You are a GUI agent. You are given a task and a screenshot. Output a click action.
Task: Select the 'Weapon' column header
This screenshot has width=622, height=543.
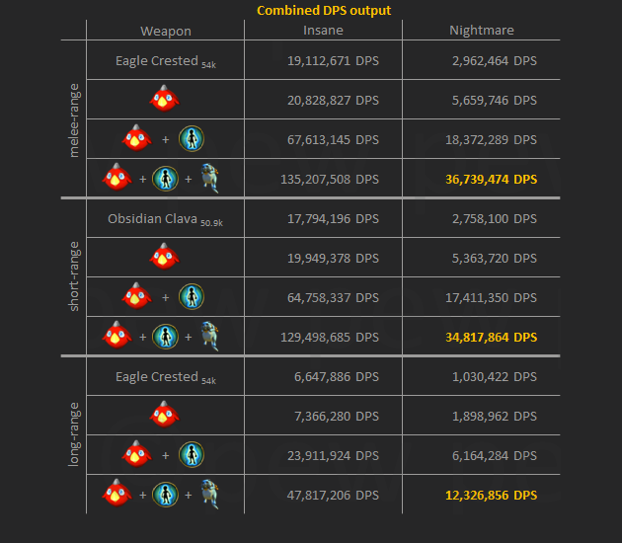(x=166, y=31)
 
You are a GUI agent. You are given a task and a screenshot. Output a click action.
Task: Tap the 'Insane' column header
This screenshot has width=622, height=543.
(x=323, y=31)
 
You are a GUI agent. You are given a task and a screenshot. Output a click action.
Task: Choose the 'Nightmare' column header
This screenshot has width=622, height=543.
(x=481, y=31)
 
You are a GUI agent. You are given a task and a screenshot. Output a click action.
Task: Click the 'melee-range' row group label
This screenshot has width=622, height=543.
(x=75, y=118)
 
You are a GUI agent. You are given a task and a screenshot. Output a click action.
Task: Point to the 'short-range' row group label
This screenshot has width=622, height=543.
(x=75, y=276)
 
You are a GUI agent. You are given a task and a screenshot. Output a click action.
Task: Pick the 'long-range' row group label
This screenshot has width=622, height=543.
(x=75, y=434)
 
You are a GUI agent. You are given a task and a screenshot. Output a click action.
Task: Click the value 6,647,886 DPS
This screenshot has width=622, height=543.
(x=326, y=376)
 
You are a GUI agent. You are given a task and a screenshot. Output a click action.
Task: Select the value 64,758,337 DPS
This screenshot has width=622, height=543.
(x=322, y=297)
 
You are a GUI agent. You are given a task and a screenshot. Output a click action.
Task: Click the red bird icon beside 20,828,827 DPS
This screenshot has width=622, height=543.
(x=165, y=99)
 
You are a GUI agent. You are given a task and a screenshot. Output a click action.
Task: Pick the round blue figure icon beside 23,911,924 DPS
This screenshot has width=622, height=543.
(x=192, y=454)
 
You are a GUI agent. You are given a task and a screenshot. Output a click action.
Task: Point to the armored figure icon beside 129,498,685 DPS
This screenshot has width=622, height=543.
(x=208, y=336)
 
